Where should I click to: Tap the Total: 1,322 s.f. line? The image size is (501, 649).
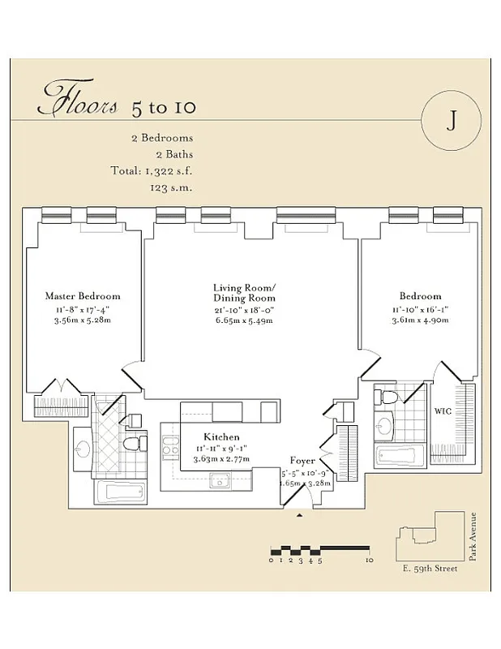tap(152, 170)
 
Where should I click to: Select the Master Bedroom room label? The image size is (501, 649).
tap(83, 296)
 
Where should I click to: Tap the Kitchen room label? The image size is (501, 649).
tap(221, 436)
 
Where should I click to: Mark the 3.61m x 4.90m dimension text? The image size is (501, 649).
tap(420, 320)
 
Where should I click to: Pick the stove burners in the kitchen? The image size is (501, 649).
tap(169, 449)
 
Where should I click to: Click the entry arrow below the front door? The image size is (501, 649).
tap(300, 514)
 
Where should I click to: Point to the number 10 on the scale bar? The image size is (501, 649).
tap(369, 560)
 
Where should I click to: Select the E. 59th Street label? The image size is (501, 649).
tap(429, 568)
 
